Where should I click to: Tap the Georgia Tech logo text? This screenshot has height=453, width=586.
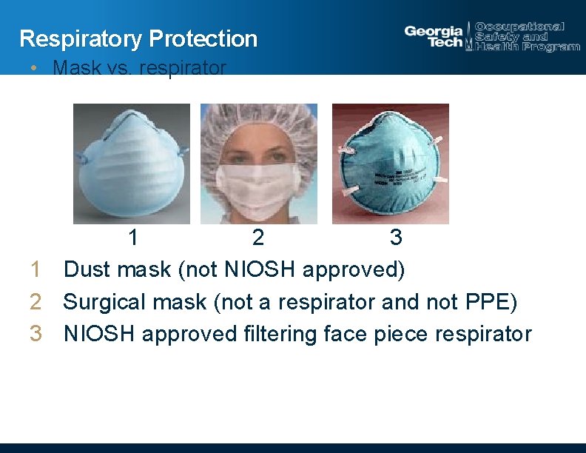click(434, 36)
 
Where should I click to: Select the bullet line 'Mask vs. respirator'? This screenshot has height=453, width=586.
click(139, 68)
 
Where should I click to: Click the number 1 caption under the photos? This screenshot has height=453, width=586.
click(133, 238)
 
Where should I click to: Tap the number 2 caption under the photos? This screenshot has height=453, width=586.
click(257, 238)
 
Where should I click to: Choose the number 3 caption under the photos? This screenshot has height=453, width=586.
click(396, 238)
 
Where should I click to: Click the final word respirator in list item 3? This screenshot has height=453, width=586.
click(483, 334)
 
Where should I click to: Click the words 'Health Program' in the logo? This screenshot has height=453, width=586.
click(528, 47)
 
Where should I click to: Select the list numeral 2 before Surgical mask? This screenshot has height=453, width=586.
click(36, 302)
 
